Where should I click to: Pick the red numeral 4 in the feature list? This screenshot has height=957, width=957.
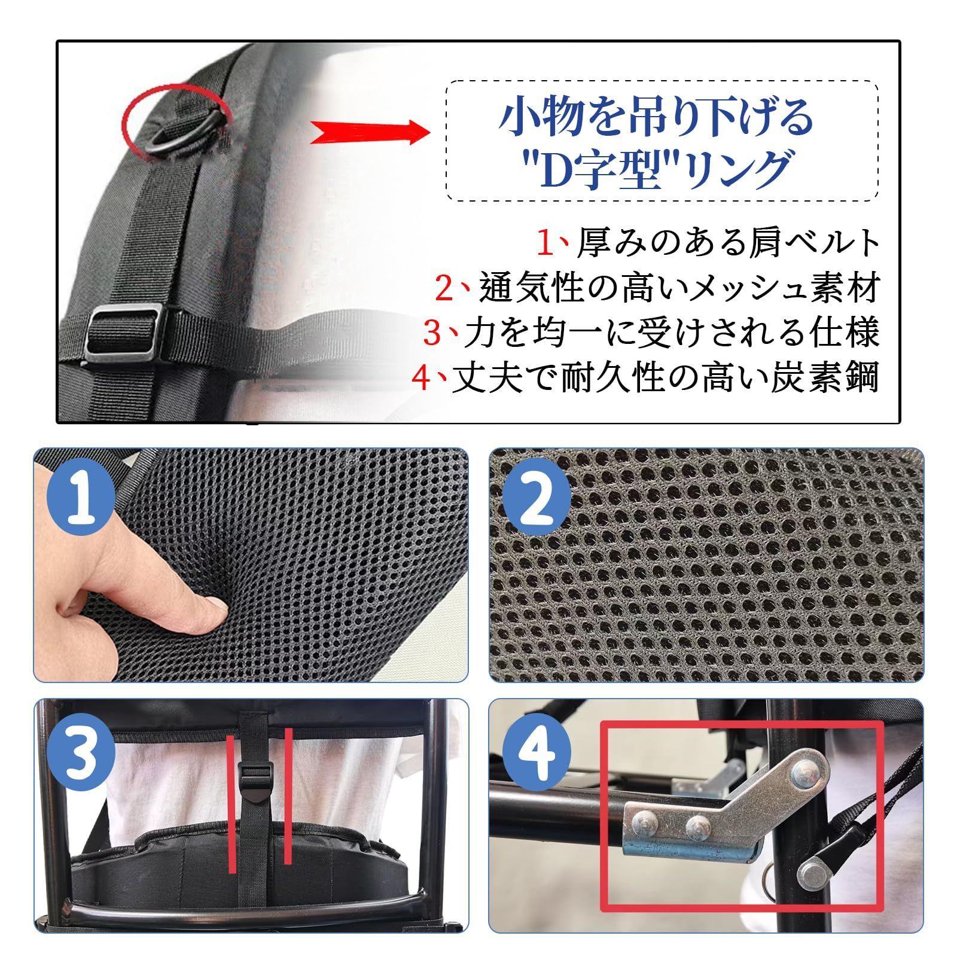[423, 378]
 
